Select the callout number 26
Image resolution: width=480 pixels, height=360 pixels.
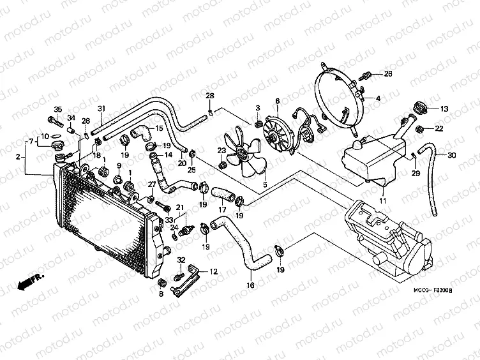387,75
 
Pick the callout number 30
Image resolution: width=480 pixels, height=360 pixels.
452,156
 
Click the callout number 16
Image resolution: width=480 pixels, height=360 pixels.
251,285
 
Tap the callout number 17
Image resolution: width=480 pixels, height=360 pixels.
222,209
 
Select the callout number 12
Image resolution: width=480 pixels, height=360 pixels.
213,271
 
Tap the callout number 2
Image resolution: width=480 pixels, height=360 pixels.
18,156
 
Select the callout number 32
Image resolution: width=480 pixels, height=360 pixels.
181,260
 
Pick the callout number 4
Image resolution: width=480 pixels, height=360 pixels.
378,98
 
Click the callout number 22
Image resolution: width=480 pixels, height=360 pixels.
439,129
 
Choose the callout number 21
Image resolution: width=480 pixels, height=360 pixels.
180,207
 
